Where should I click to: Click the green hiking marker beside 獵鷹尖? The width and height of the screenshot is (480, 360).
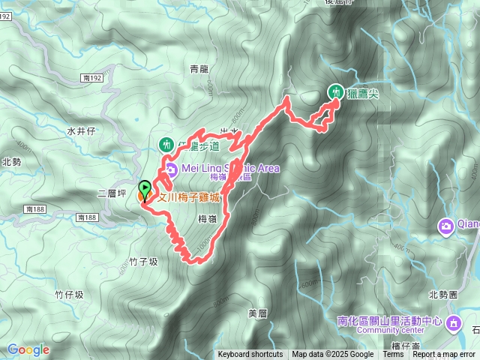[x=337, y=91]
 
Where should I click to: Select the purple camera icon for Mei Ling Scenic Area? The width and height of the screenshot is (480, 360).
[x=172, y=169]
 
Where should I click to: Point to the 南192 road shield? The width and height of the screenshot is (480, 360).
[x=94, y=77]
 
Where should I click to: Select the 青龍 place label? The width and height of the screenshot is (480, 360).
[x=199, y=69]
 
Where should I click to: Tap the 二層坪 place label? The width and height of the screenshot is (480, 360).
[x=111, y=193]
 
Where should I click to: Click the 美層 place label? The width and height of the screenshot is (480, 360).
[x=257, y=312]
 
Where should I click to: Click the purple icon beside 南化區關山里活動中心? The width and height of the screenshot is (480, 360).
[x=453, y=323]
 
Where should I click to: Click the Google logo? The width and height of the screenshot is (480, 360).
[x=28, y=349]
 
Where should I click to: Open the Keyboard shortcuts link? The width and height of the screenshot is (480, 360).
[x=250, y=355]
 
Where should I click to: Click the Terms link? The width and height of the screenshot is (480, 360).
[x=393, y=355]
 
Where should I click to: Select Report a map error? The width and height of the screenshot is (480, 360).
[x=444, y=355]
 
